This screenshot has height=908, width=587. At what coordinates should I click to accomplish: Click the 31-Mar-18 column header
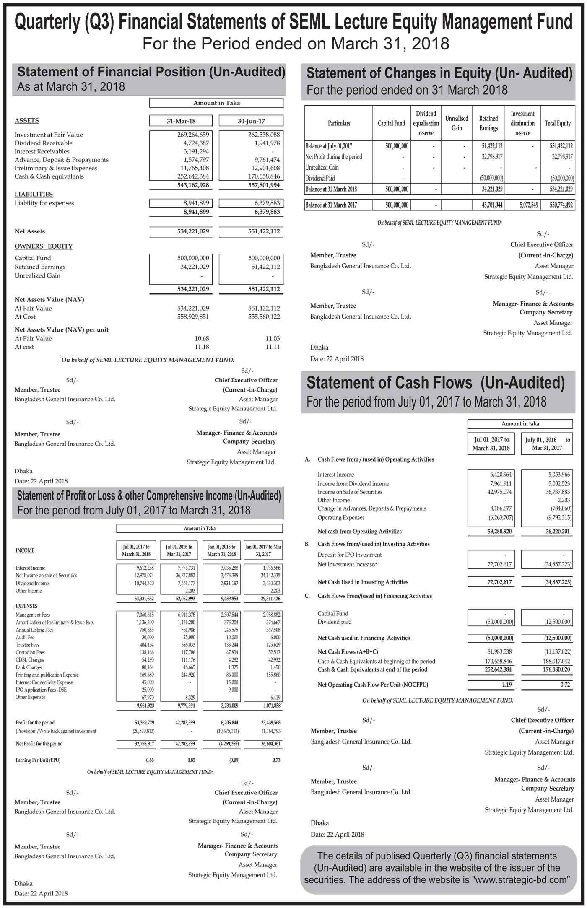pyautogui.click(x=181, y=121)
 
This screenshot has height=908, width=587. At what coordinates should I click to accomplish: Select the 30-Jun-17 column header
pyautogui.click(x=251, y=121)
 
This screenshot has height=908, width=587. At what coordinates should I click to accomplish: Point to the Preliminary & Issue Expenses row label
pyautogui.click(x=56, y=168)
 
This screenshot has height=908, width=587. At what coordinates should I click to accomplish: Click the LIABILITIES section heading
pyautogui.click(x=34, y=194)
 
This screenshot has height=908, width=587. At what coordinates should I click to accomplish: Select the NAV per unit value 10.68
pyautogui.click(x=202, y=338)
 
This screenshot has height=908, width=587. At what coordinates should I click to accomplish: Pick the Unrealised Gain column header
pyautogui.click(x=457, y=123)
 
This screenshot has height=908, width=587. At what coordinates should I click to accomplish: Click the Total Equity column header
pyautogui.click(x=557, y=123)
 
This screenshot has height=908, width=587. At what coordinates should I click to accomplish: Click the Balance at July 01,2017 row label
pyautogui.click(x=329, y=146)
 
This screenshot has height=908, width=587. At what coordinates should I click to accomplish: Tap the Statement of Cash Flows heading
pyautogui.click(x=436, y=383)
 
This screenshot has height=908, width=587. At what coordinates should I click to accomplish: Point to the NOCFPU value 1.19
pyautogui.click(x=505, y=685)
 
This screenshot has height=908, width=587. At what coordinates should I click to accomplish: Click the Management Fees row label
pyautogui.click(x=33, y=615)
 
